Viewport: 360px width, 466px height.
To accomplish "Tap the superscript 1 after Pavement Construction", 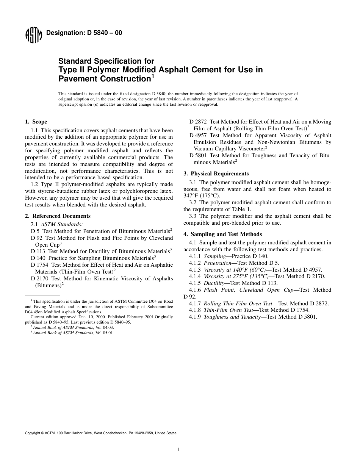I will tap(153, 76).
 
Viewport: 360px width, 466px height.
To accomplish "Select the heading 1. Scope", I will tap(36, 122).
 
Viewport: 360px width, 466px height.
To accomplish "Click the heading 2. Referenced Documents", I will tap(58, 216).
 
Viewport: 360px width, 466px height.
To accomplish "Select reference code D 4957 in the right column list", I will tap(199, 135).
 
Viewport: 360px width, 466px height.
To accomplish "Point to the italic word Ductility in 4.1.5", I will tap(214, 283).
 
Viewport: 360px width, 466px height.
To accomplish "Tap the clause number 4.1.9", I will tap(195, 317).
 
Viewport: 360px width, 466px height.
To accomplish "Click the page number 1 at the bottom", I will tap(178, 450).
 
